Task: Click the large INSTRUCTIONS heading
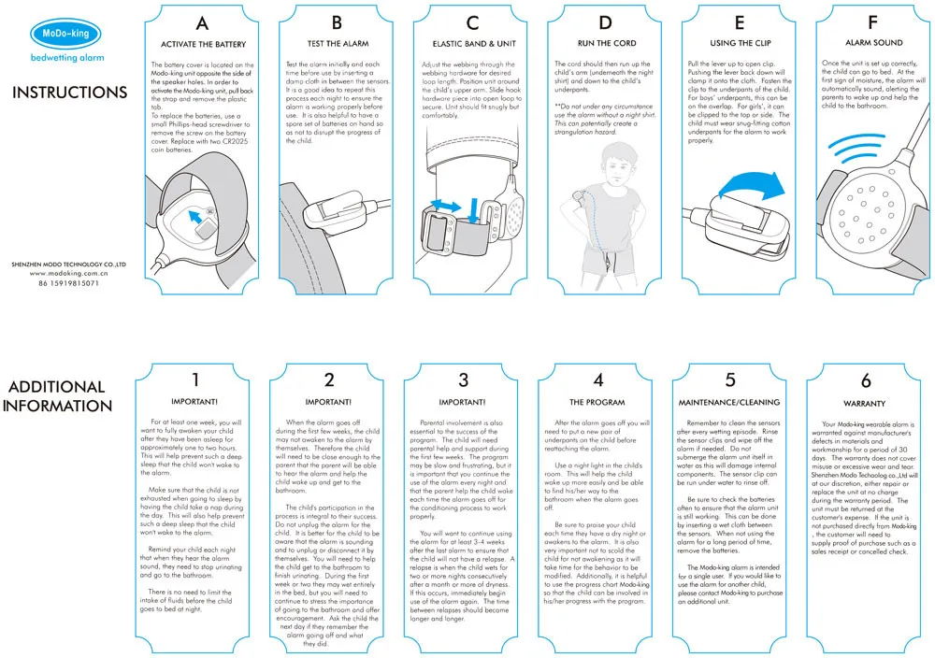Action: click(x=69, y=93)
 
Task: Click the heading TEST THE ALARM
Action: click(x=337, y=44)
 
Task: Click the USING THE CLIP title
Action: click(x=741, y=44)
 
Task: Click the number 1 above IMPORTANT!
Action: click(x=195, y=379)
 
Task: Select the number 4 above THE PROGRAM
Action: click(x=598, y=379)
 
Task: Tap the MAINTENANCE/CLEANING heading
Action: click(x=731, y=402)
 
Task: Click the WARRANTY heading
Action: click(x=865, y=403)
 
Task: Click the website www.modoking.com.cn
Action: click(x=69, y=273)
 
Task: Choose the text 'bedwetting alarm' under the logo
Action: click(x=65, y=58)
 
